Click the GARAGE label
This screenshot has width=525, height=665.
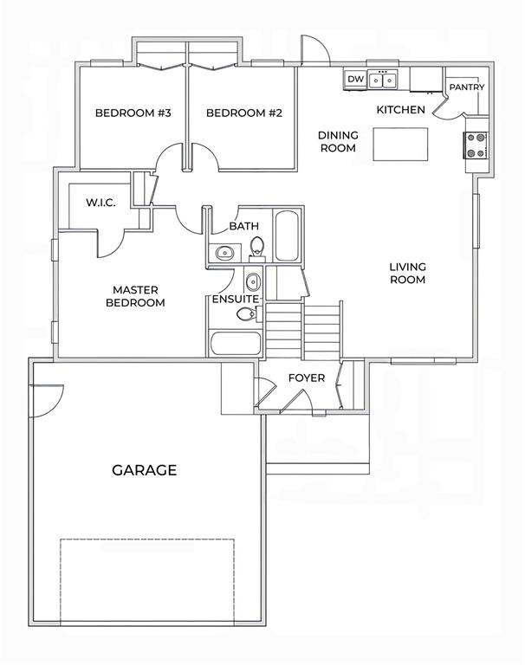tap(145, 470)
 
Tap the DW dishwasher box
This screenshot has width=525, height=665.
tap(356, 80)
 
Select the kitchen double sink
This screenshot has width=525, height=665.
tap(383, 80)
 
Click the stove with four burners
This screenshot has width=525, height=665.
tap(476, 145)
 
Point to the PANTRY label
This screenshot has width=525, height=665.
tap(467, 87)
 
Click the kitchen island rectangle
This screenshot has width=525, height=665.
tap(400, 145)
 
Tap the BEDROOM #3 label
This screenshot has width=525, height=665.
tap(133, 113)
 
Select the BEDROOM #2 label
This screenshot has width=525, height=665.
tap(244, 113)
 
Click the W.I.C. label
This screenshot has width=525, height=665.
tap(100, 203)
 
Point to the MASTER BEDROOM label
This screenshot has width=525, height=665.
tap(135, 296)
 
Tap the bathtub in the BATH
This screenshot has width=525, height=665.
tap(286, 236)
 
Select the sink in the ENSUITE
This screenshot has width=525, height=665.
tap(252, 281)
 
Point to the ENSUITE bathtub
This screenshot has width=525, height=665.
tap(236, 344)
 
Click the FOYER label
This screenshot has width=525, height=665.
tap(307, 378)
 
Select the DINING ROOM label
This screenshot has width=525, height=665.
tap(338, 141)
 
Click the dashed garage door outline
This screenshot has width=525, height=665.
tap(147, 539)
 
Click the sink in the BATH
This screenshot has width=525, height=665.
tap(224, 254)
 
